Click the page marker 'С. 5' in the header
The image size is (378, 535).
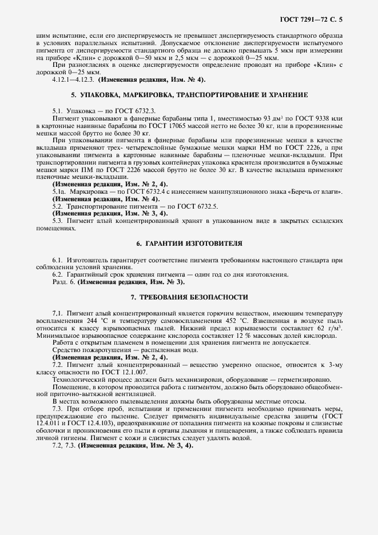tap(336, 21)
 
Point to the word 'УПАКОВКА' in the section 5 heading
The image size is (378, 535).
tap(99, 94)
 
